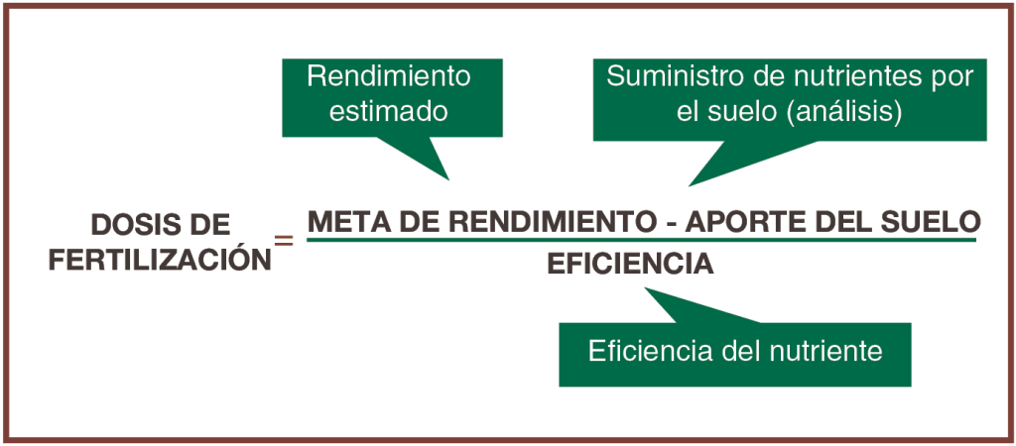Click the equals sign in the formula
(x=284, y=240)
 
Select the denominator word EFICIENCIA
(x=630, y=265)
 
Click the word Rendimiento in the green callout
(x=389, y=76)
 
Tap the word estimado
(x=389, y=112)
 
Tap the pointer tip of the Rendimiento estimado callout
(x=448, y=179)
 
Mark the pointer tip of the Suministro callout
(x=690, y=185)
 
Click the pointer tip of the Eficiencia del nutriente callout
(x=646, y=289)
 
